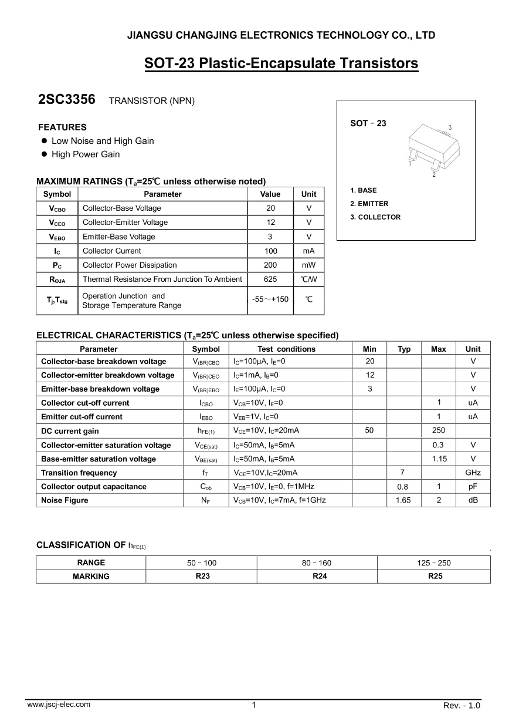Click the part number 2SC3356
pyautogui.click(x=66, y=100)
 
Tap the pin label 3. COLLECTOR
pyautogui.click(x=375, y=217)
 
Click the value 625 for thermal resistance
pyautogui.click(x=270, y=279)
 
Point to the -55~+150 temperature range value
pyautogui.click(x=270, y=299)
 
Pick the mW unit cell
pyautogui.click(x=308, y=265)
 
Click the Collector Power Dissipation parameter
pyautogui.click(x=130, y=265)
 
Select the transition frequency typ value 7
pyautogui.click(x=403, y=473)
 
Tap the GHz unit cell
pyautogui.click(x=473, y=473)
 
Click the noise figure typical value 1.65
pyautogui.click(x=403, y=500)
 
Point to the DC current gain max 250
pyautogui.click(x=438, y=431)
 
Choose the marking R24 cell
pyautogui.click(x=320, y=577)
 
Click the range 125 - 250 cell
pyautogui.click(x=434, y=563)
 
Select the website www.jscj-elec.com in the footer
pyautogui.click(x=59, y=705)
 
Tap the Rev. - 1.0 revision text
pyautogui.click(x=462, y=706)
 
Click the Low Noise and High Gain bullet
pyautogui.click(x=103, y=141)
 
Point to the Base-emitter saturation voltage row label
pyautogui.click(x=99, y=459)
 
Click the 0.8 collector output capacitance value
pyautogui.click(x=403, y=487)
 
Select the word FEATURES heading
pyautogui.click(x=62, y=127)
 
